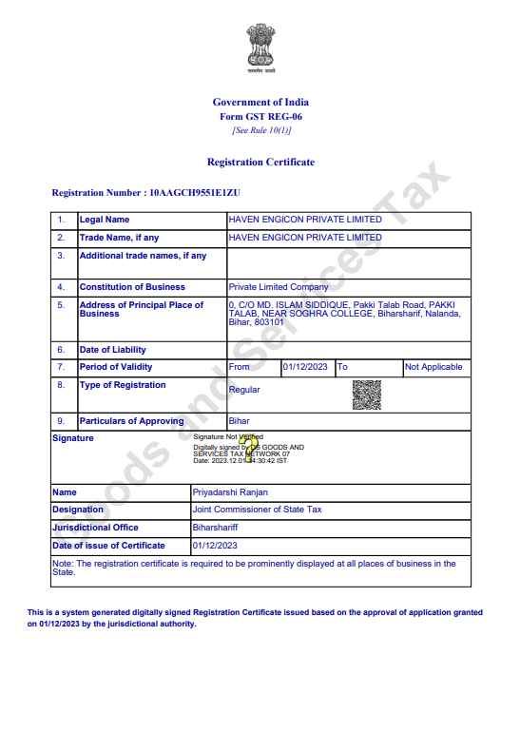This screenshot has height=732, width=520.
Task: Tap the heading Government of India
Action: pos(260,102)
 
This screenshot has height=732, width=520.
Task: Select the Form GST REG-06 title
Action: pos(260,116)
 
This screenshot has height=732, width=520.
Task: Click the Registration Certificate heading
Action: pos(260,162)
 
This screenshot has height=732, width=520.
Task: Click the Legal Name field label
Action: pos(105,220)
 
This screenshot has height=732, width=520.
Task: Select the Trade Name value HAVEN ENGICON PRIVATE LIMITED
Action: pos(305,238)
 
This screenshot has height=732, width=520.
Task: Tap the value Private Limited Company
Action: pos(279,287)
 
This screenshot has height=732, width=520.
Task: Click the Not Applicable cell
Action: pos(433,367)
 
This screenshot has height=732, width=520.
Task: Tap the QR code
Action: pos(366,395)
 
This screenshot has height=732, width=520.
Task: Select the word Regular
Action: pos(244,390)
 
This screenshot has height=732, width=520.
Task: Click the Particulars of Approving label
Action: pos(131,421)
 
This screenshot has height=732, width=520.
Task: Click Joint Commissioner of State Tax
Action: pos(257,510)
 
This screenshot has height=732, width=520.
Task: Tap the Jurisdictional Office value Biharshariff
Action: pos(216,528)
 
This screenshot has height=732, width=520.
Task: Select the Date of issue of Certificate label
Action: pos(108,546)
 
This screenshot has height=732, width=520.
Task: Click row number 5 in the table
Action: pos(61,305)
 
